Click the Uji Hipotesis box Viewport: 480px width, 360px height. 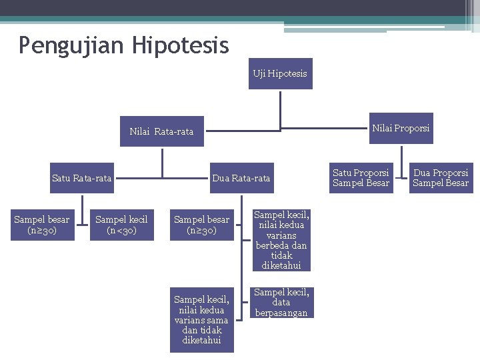tap(280, 73)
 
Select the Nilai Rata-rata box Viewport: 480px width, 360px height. tap(161, 131)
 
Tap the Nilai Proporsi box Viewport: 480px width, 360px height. tap(401, 128)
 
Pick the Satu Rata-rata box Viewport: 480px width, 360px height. tap(81, 178)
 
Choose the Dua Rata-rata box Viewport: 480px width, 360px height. tap(241, 178)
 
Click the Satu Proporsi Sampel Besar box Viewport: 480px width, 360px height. tap(361, 177)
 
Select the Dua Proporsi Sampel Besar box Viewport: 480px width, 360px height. tap(441, 177)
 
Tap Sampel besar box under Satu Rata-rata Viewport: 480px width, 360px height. tap(41, 225)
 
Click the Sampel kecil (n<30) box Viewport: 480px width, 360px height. tap(121, 225)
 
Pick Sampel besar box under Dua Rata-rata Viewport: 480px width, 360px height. tap(201, 225)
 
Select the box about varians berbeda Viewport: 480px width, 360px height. tap(281, 240)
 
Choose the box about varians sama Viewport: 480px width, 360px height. tap(201, 320)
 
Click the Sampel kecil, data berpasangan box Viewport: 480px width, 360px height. tap(281, 302)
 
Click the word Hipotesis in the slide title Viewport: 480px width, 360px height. tap(180, 45)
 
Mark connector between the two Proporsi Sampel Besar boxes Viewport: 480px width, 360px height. tap(400, 178)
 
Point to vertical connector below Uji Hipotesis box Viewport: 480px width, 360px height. tap(281, 108)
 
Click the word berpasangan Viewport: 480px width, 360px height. tap(281, 313)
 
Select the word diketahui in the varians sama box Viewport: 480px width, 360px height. tap(201, 340)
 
